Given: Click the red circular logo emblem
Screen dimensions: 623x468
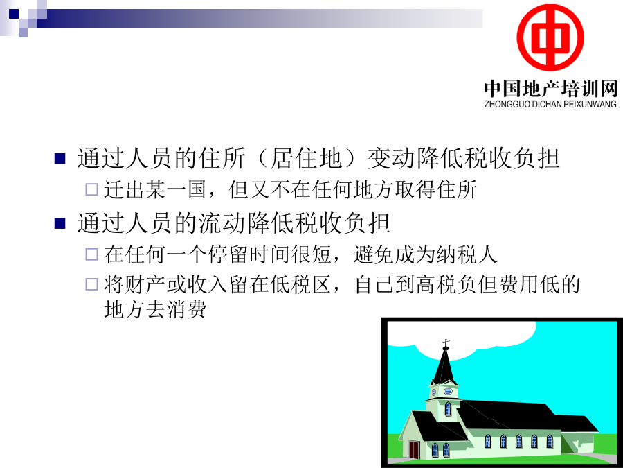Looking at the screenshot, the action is tap(550, 38).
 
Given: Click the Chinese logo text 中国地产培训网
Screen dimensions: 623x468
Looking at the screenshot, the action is tap(551, 88).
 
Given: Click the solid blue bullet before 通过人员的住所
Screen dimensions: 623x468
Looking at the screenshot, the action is tap(60, 158).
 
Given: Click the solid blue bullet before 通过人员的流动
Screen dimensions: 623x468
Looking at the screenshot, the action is tap(60, 223).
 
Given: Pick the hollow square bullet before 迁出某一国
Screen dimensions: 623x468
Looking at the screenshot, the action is tap(92, 189).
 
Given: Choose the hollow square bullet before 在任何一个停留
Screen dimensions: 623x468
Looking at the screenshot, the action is tap(92, 254).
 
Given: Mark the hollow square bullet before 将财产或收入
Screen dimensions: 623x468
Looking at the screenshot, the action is tap(92, 284).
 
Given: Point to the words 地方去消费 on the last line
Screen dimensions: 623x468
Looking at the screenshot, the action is tap(155, 309).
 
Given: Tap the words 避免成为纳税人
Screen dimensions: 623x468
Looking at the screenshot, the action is tap(425, 254).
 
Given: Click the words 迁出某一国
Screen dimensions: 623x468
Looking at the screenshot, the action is tap(155, 189).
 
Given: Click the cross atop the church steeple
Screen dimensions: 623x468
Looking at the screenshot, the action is tap(446, 343).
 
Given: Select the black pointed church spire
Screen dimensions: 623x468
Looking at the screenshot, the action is tap(445, 367).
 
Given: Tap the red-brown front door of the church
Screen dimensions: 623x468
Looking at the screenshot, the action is tap(414, 450).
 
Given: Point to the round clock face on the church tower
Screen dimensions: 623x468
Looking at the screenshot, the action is tap(448, 391).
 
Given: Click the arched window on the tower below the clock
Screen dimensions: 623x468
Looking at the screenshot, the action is tap(448, 408).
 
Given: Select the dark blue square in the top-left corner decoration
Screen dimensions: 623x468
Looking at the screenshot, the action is tap(14, 14).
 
